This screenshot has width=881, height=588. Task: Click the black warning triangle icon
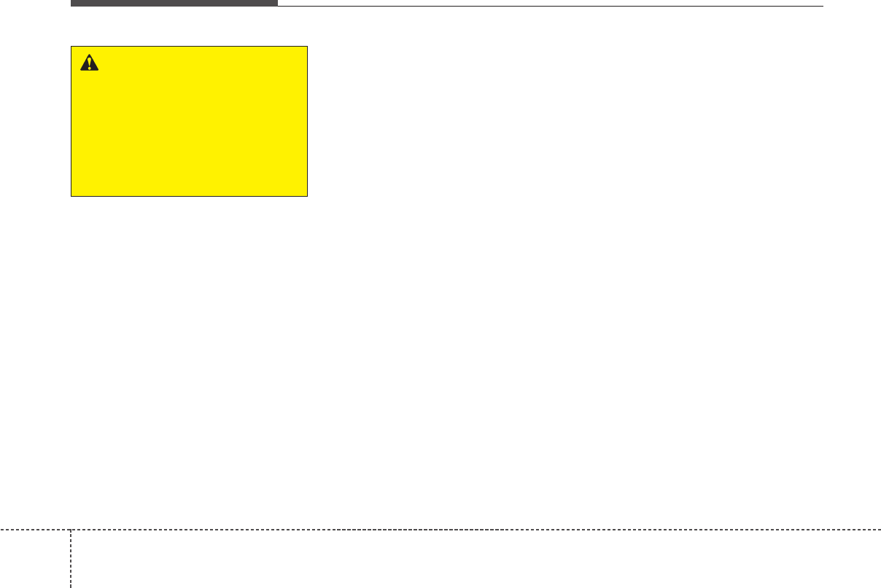point(89,63)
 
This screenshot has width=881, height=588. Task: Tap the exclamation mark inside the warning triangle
point(89,65)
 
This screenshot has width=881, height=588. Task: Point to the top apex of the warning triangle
point(89,55)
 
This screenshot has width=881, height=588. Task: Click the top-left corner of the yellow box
point(71,47)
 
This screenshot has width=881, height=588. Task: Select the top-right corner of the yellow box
point(307,47)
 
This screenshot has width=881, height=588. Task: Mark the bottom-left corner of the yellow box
point(71,196)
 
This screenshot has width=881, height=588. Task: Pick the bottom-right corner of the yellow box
point(307,196)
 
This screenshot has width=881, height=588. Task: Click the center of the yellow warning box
point(189,122)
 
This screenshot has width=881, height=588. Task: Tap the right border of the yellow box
point(307,122)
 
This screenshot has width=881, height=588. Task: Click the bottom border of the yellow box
point(189,196)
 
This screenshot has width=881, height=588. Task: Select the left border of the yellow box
point(71,122)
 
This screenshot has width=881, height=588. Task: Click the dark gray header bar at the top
point(174,3)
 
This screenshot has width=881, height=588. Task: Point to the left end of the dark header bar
point(71,3)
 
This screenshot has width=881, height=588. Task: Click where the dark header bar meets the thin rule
point(278,5)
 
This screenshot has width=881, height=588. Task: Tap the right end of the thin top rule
point(822,6)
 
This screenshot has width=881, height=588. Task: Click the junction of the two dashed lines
point(71,529)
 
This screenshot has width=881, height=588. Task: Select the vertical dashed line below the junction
point(71,558)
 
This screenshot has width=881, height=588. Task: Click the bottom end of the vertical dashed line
point(71,586)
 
